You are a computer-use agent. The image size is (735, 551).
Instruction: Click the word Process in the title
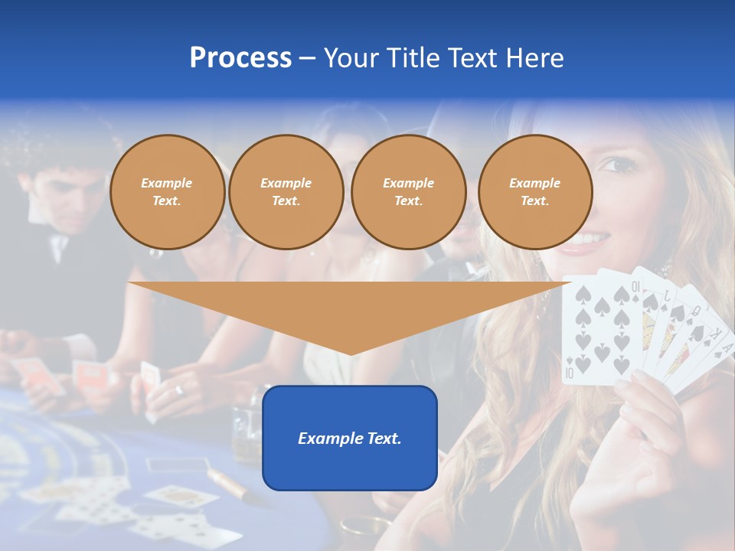tap(240, 58)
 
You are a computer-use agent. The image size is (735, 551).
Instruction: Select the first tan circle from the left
tap(168, 192)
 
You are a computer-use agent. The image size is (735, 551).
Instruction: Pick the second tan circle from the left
tap(286, 192)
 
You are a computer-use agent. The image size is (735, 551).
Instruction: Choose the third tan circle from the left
tap(409, 192)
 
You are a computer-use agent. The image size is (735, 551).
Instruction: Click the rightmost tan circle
tap(535, 192)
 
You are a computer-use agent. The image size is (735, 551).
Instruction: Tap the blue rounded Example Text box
tap(350, 438)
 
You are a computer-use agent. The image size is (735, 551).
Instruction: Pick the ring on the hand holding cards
tap(179, 390)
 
